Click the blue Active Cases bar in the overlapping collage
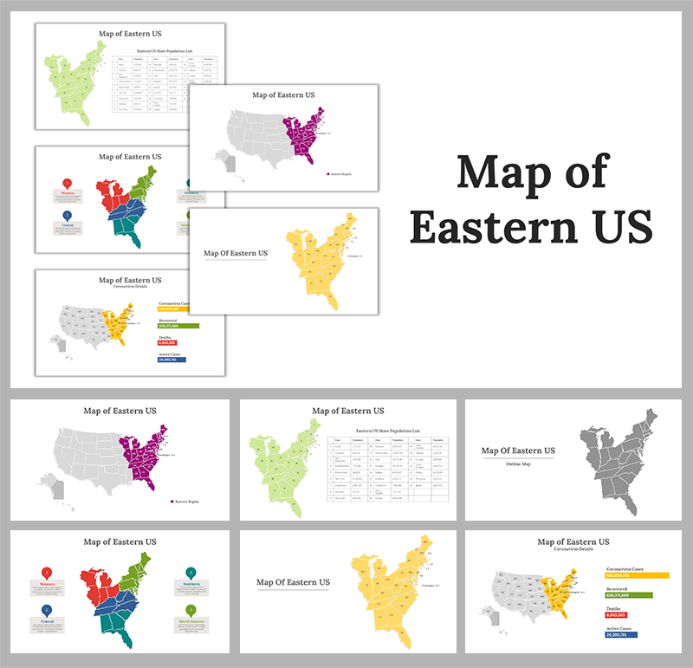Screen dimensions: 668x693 [172, 358]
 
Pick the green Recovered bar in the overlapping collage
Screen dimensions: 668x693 [178, 325]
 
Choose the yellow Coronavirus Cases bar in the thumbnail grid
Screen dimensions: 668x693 [637, 574]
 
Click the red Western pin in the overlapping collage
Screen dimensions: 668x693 [68, 185]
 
